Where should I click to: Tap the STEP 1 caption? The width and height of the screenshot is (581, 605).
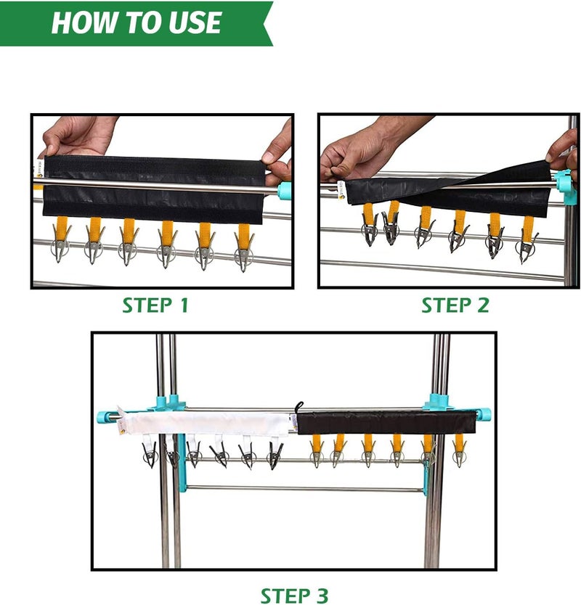(155, 305)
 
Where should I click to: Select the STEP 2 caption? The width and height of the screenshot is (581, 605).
(455, 305)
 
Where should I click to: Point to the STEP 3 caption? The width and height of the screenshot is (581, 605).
(294, 596)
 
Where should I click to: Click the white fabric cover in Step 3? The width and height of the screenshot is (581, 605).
(205, 423)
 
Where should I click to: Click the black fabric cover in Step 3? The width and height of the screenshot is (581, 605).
(386, 422)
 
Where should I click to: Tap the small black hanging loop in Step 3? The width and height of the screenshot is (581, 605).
(299, 407)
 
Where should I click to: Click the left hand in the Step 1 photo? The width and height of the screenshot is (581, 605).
(77, 136)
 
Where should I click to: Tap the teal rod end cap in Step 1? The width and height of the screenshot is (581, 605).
(284, 189)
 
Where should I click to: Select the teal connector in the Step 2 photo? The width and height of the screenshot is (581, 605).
(565, 186)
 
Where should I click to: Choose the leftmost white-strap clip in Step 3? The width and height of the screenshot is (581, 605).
(150, 452)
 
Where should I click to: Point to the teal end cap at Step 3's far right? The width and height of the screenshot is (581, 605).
(484, 414)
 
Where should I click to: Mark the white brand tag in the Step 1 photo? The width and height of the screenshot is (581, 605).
(40, 170)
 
